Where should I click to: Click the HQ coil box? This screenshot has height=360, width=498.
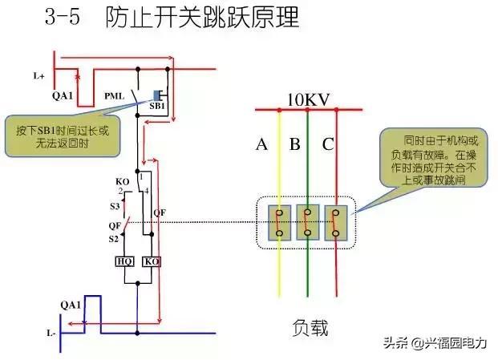tap(124, 261)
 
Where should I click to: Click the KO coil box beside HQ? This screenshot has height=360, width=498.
tap(151, 261)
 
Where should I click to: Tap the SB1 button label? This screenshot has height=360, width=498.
tap(158, 106)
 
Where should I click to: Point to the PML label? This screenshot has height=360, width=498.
tap(115, 96)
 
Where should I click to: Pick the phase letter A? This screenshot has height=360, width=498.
tap(261, 145)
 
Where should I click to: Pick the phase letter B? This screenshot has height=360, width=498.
tap(294, 145)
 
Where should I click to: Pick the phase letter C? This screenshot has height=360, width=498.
tap(328, 145)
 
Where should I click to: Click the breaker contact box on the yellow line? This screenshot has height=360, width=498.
tap(279, 222)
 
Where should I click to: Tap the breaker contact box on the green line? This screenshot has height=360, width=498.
tap(307, 222)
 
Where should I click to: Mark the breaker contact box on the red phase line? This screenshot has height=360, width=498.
tap(335, 222)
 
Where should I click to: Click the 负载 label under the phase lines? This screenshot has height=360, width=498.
tap(310, 328)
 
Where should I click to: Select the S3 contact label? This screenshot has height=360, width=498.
tap(114, 206)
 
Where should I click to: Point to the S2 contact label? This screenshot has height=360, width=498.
tap(114, 238)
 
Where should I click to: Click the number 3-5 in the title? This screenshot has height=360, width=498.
tap(65, 19)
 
